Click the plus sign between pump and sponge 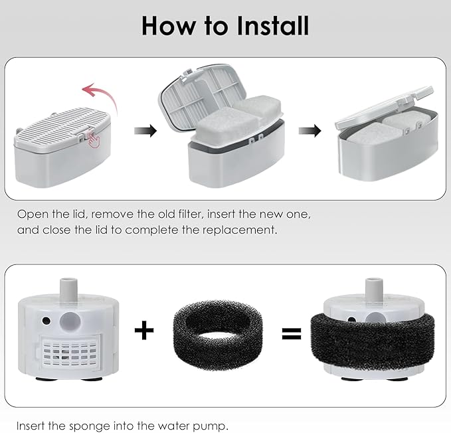144,329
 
